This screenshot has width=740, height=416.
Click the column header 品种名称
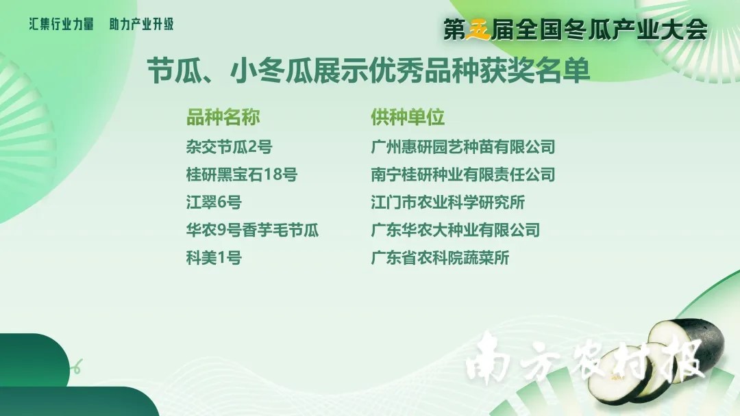[223, 117]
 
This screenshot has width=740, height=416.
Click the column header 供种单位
[408, 117]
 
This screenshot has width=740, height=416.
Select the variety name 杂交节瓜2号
[229, 147]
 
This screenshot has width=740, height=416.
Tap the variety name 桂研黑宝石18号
[242, 174]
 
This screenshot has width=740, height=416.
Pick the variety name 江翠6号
[214, 203]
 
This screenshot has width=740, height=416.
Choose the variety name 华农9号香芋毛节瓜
[252, 231]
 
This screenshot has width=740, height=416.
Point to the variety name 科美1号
[214, 258]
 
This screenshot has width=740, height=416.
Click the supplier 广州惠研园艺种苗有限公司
[463, 147]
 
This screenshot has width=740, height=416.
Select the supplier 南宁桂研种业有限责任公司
[463, 174]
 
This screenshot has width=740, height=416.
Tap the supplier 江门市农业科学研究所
[448, 203]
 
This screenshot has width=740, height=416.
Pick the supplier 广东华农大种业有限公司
[456, 231]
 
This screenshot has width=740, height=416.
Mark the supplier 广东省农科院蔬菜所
[441, 258]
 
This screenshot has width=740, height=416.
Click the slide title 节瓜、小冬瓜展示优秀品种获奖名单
[369, 71]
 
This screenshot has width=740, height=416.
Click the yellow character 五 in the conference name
[478, 29]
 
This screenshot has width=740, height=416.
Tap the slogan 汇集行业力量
[62, 24]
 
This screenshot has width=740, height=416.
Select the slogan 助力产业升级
[142, 24]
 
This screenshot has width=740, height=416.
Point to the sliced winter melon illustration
[656, 362]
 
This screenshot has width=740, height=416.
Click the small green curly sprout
[77, 366]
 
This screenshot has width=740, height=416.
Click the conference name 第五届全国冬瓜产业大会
[576, 29]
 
